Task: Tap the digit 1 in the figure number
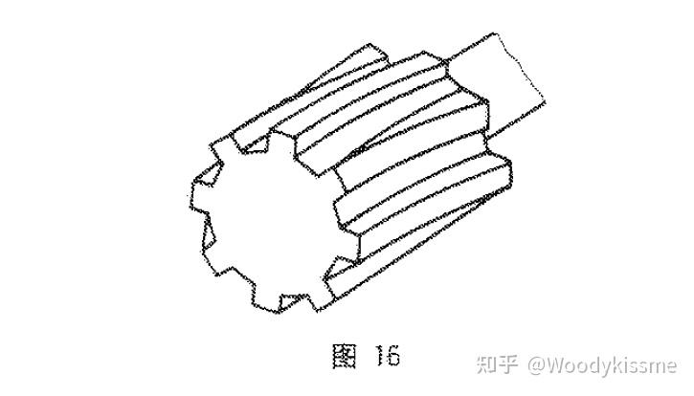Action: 375,357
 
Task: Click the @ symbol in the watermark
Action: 532,365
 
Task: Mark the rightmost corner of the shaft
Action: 548,97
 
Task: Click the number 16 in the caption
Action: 383,357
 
